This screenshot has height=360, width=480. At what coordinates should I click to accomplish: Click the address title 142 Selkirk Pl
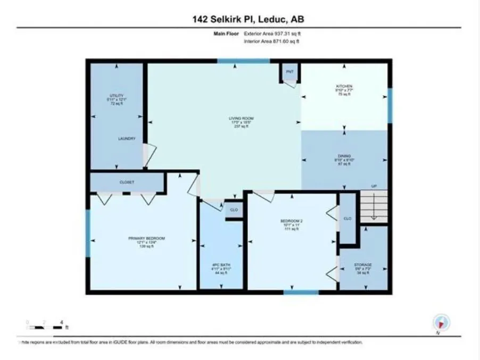point(248,20)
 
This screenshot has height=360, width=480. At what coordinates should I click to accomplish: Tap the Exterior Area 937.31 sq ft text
point(276,34)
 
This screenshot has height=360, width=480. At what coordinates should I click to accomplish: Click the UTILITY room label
point(117,96)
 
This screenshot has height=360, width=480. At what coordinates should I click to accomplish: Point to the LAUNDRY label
point(127,139)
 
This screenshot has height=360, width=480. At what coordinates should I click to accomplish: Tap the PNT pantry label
point(290,71)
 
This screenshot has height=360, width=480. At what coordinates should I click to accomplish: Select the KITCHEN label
point(344,86)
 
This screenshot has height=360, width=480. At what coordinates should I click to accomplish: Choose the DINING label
point(344,156)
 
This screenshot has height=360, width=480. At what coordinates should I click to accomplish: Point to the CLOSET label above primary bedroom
point(127,182)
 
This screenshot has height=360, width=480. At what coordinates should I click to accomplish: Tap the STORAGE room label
point(363,264)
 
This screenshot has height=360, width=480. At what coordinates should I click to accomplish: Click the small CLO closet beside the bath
point(233,210)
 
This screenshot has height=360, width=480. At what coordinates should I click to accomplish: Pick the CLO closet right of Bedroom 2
point(347,218)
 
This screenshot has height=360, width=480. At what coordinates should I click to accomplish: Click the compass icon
point(442,322)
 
